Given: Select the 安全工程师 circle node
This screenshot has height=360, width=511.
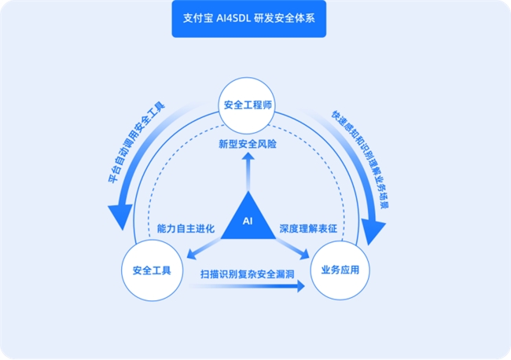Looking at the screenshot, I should coord(248,105).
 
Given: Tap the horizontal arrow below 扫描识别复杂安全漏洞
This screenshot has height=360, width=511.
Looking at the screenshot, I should coord(247,287).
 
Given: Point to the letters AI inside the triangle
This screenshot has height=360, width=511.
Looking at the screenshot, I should coord(248,222).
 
